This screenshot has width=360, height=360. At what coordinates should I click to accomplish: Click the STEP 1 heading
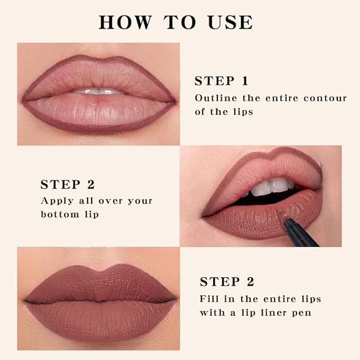pyautogui.click(x=222, y=81)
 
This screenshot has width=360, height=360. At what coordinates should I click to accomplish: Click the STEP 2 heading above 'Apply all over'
pyautogui.click(x=68, y=185)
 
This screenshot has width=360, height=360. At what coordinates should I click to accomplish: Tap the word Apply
pyautogui.click(x=57, y=201)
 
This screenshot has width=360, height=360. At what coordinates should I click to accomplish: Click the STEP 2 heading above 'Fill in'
pyautogui.click(x=227, y=282)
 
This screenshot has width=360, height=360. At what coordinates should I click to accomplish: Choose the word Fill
pyautogui.click(x=209, y=298)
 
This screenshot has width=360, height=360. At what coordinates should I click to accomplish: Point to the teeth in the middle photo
pyautogui.click(x=270, y=187)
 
